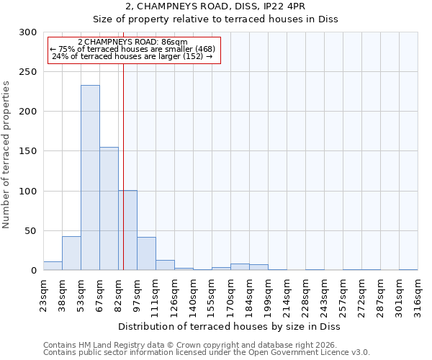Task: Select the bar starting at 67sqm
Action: tap(109, 209)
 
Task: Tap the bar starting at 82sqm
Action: tap(128, 230)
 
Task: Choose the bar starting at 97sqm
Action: tap(146, 253)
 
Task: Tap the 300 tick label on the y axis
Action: tap(28, 32)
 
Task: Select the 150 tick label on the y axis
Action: tap(28, 151)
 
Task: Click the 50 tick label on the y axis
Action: tap(31, 231)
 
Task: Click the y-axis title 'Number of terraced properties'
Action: tap(6, 155)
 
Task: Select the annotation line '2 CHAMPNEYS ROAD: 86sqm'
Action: tap(132, 42)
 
